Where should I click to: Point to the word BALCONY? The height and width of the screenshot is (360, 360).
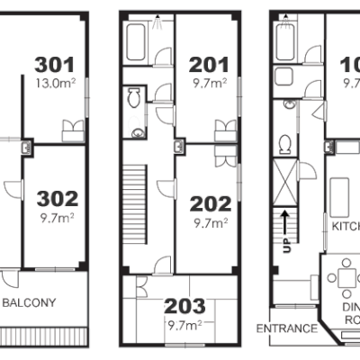(x=31, y=302)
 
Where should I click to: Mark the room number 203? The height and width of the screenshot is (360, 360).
(x=184, y=307)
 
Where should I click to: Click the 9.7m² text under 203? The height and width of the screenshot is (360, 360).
(x=184, y=324)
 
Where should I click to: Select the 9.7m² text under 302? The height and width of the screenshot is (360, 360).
(x=56, y=216)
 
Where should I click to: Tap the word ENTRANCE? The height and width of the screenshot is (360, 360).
(x=286, y=328)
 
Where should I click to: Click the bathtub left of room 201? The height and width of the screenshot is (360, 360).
(x=138, y=40)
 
